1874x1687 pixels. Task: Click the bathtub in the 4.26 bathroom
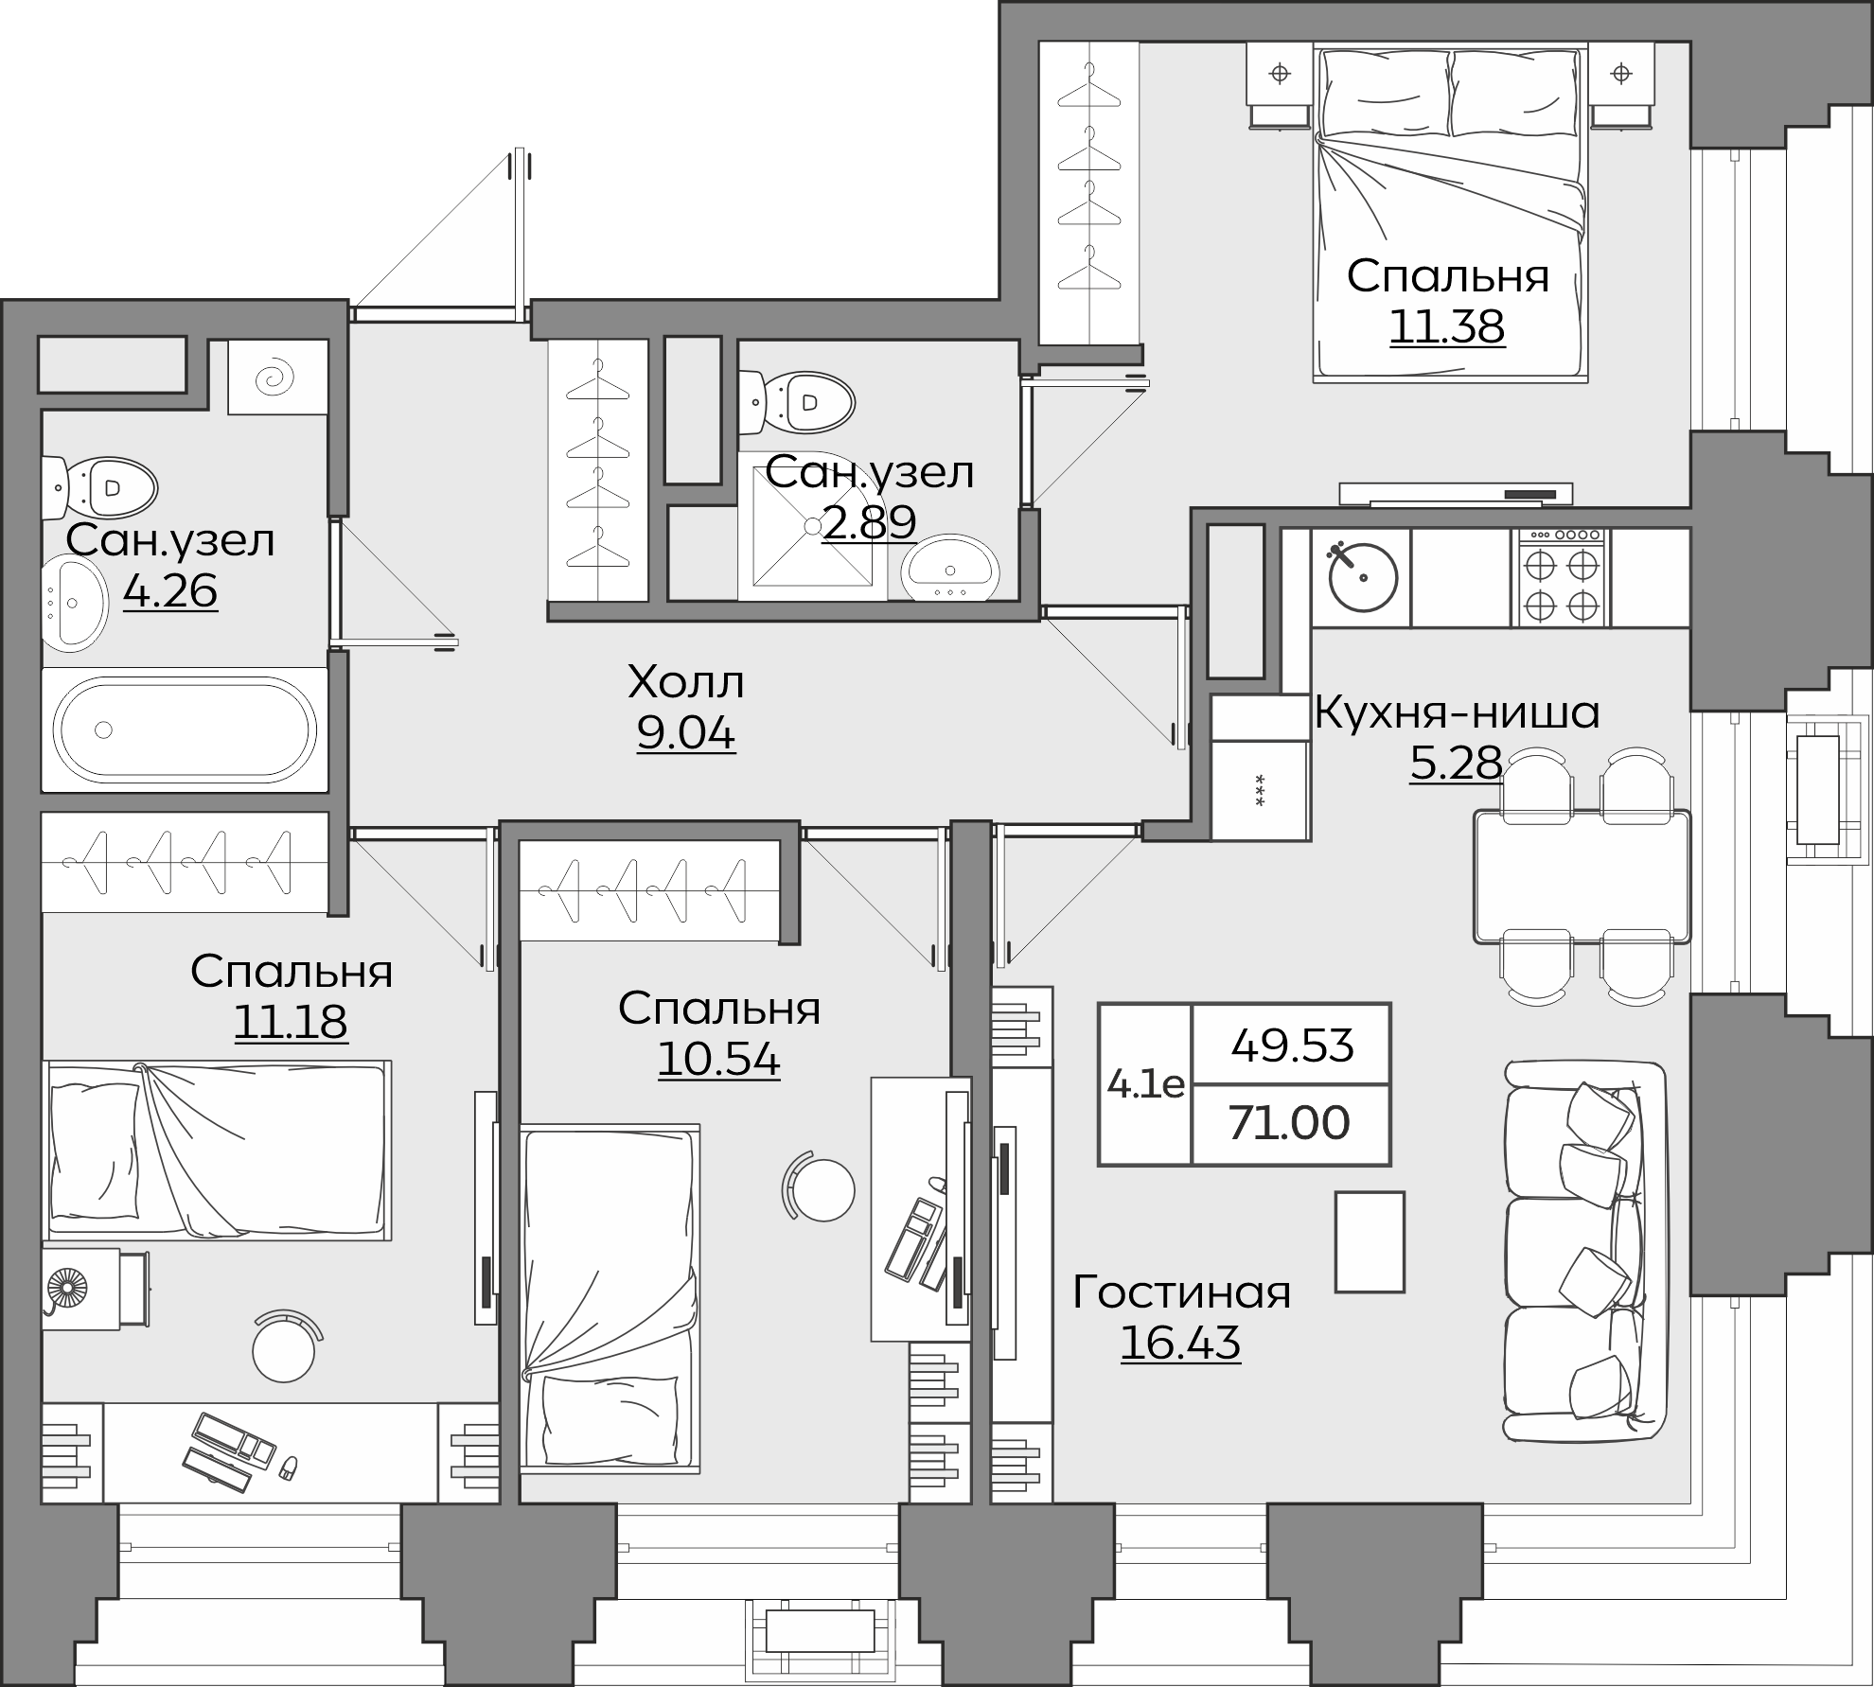pos(186,729)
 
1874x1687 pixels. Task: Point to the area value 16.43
pos(1180,1342)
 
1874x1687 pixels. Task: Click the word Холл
pos(686,682)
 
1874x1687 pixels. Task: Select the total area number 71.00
pos(1289,1123)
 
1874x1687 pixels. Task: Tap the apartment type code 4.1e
pos(1145,1083)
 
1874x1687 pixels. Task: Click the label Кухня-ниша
pos(1458,712)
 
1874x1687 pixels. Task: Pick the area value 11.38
pos(1447,327)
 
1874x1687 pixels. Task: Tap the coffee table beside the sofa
pos(1370,1241)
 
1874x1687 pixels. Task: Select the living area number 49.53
pos(1292,1046)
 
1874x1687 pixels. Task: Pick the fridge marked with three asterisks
pos(1260,791)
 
